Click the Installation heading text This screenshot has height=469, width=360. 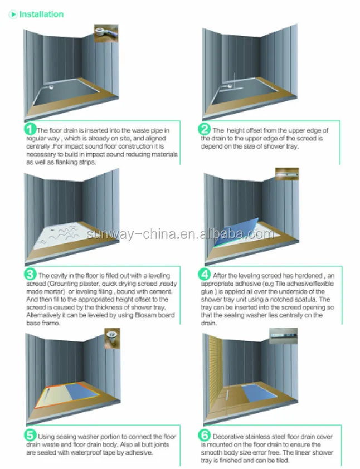click(x=41, y=14)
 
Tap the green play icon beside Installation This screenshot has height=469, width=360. click(x=13, y=14)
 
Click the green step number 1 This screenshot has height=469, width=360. click(x=30, y=129)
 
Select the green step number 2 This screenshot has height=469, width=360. click(x=204, y=129)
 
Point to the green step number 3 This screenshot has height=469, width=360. click(x=30, y=274)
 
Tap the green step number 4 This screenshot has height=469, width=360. click(x=204, y=274)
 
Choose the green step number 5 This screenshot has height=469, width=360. click(x=30, y=435)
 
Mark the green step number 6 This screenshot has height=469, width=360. click(x=204, y=435)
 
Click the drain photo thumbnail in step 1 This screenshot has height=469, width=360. click(x=106, y=33)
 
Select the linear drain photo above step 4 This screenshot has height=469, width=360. click(x=286, y=174)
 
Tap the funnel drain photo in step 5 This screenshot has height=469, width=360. click(x=112, y=338)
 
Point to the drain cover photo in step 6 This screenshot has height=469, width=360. click(x=283, y=336)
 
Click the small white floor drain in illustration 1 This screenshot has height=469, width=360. click(x=51, y=87)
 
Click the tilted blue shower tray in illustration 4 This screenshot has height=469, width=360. click(x=236, y=232)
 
